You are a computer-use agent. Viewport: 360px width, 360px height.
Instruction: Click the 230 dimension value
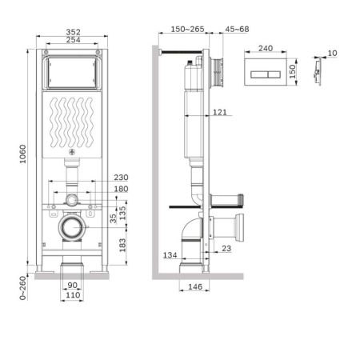click(121, 178)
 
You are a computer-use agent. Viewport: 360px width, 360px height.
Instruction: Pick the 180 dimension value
click(121, 190)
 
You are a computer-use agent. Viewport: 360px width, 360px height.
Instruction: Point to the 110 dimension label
click(72, 297)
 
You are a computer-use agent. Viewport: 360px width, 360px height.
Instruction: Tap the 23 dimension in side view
click(226, 249)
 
